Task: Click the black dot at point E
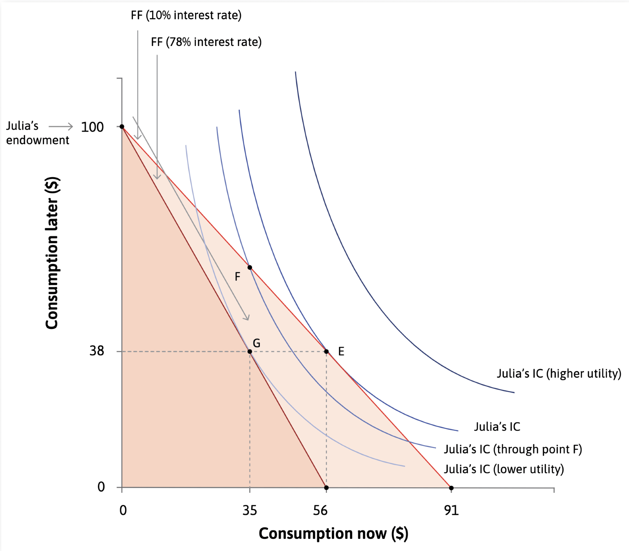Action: [x=326, y=351]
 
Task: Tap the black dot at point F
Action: [x=250, y=268]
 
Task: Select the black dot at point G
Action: [x=250, y=351]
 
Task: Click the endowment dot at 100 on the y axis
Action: [x=122, y=127]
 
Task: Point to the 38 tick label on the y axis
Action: [x=97, y=351]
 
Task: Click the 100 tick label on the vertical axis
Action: [x=92, y=127]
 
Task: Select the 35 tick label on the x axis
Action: [x=250, y=511]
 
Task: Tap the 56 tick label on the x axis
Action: [x=320, y=511]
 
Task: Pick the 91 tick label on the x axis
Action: [x=451, y=511]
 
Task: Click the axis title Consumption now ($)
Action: [x=333, y=533]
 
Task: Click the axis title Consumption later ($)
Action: [x=52, y=253]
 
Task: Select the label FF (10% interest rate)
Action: [x=186, y=15]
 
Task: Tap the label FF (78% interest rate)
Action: [x=206, y=42]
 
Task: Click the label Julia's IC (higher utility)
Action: [x=559, y=373]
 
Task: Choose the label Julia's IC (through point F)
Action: [x=513, y=449]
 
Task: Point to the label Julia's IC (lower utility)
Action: [x=504, y=469]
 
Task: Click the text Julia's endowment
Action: [x=37, y=133]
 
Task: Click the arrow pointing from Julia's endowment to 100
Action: [x=61, y=127]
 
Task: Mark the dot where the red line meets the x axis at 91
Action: [x=451, y=488]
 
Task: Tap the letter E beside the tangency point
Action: [x=341, y=351]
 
